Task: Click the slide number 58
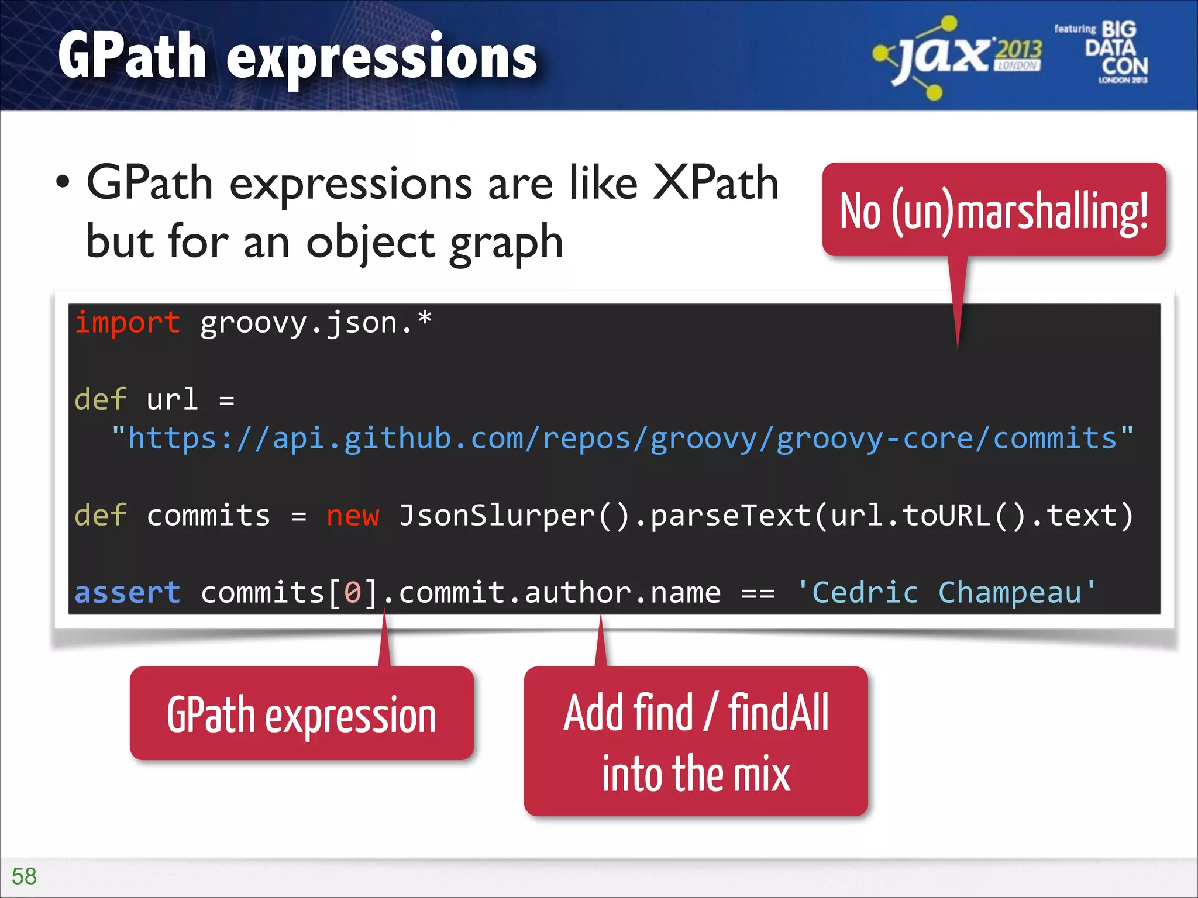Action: click(24, 876)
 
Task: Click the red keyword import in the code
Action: click(128, 323)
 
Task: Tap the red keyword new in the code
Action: click(353, 516)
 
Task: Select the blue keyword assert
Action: click(128, 593)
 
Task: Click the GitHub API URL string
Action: click(622, 438)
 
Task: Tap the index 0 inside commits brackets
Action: click(353, 593)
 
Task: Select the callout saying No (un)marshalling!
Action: click(993, 210)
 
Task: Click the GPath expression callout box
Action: click(301, 714)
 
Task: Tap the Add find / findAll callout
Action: click(696, 741)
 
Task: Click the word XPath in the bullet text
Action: click(715, 183)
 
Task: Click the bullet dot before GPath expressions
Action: click(63, 183)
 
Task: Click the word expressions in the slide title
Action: click(381, 57)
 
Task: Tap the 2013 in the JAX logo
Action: click(1019, 50)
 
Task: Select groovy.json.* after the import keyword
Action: click(316, 323)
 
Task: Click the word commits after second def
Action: click(208, 516)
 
